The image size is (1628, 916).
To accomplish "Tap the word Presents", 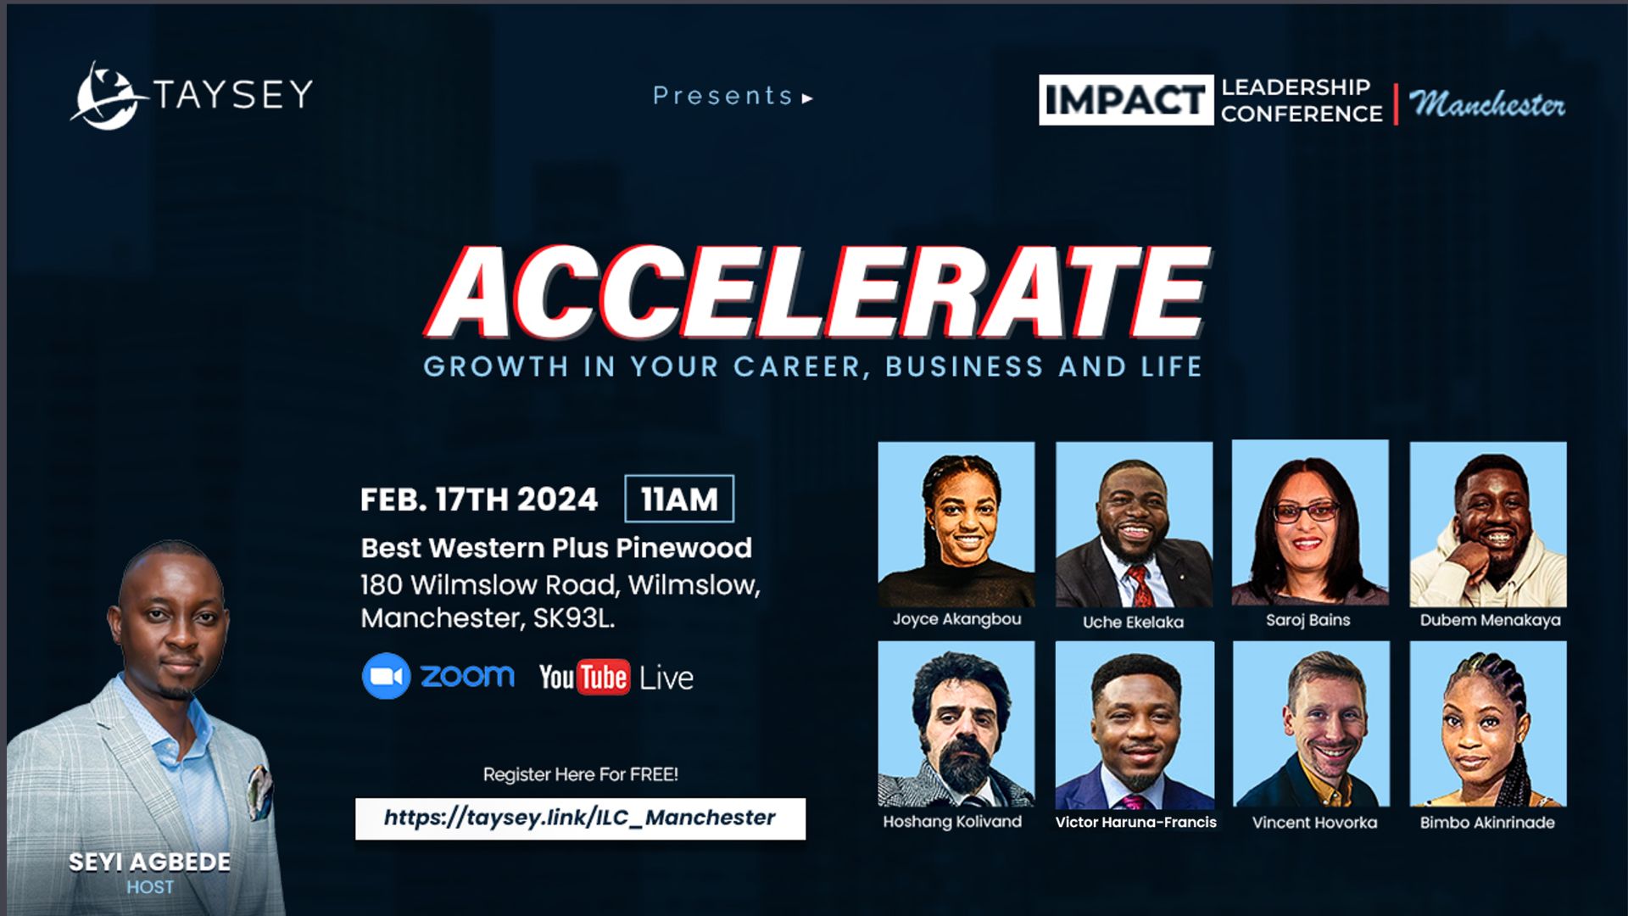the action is pos(723,96).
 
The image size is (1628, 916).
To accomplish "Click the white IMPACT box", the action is pos(1126,100).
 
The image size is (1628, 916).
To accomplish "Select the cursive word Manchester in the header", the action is pos(1487,103).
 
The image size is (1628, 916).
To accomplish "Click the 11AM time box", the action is pos(679,499).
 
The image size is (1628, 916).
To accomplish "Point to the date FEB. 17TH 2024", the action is pos(479,500).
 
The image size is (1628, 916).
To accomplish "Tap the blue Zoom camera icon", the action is pos(387,676).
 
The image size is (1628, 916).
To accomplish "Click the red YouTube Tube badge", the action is pos(603,677).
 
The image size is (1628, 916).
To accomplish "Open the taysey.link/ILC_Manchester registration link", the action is pos(580,818).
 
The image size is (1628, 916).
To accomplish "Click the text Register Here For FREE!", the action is pos(581,774).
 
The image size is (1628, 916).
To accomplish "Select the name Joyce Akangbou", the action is pos(956,619).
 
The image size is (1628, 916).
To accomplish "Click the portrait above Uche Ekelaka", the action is pos(1134,524).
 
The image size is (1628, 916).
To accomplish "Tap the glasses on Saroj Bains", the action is pos(1307,512).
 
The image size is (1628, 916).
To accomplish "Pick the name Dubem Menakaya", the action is pos(1490,620).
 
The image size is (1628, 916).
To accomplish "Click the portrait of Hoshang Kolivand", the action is pos(956,723).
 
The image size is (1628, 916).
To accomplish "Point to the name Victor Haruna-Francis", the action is pos(1135,822).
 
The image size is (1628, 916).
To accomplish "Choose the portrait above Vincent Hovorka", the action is pos(1311,723).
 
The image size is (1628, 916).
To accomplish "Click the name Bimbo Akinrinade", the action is pos(1487,822).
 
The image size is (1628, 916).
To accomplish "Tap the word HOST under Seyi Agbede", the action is pos(150,887).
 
